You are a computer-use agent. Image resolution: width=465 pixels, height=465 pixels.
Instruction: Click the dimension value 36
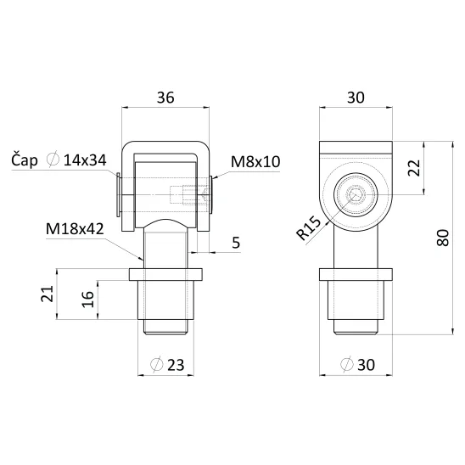(x=165, y=98)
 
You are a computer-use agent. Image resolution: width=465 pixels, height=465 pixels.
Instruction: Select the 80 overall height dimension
(x=443, y=238)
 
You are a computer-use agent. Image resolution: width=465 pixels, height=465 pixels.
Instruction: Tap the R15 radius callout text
(x=309, y=228)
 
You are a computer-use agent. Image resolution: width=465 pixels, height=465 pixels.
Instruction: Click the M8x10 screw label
(x=255, y=162)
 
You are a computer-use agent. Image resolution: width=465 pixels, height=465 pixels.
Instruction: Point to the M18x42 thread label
(x=75, y=229)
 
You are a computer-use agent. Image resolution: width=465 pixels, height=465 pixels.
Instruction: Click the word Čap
(x=25, y=160)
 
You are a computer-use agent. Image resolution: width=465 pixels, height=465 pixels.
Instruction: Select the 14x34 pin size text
(x=85, y=160)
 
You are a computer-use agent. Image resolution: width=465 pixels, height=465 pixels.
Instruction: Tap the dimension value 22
(x=414, y=168)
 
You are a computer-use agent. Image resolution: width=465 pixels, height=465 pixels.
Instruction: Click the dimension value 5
(x=236, y=243)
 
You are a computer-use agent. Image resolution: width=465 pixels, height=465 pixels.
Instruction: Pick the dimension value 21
(x=48, y=294)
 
